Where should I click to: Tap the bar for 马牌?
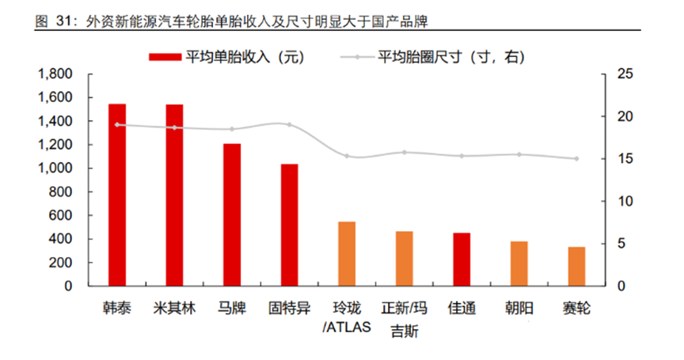click(232, 214)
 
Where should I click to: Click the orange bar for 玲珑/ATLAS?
click(347, 254)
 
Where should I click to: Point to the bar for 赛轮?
click(576, 267)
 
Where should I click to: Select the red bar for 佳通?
click(462, 260)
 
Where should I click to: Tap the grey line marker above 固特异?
click(290, 125)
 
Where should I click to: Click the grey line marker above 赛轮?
click(576, 158)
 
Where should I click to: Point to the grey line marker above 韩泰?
click(117, 124)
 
